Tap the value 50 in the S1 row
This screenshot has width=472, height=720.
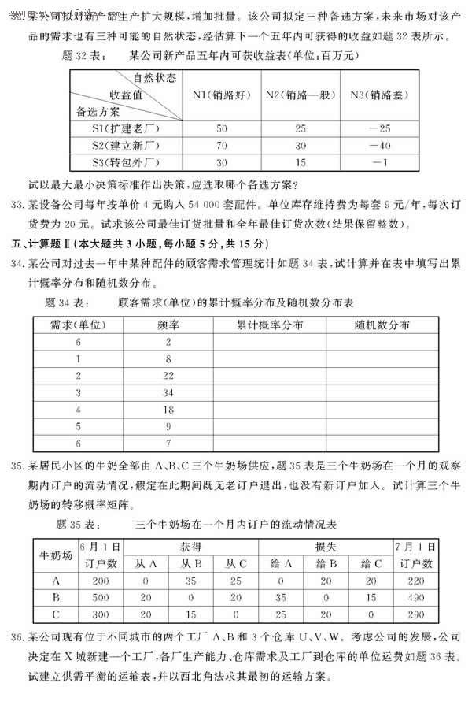pyautogui.click(x=221, y=128)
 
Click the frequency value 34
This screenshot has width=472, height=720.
pyautogui.click(x=168, y=391)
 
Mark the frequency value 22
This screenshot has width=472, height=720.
pyautogui.click(x=168, y=374)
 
